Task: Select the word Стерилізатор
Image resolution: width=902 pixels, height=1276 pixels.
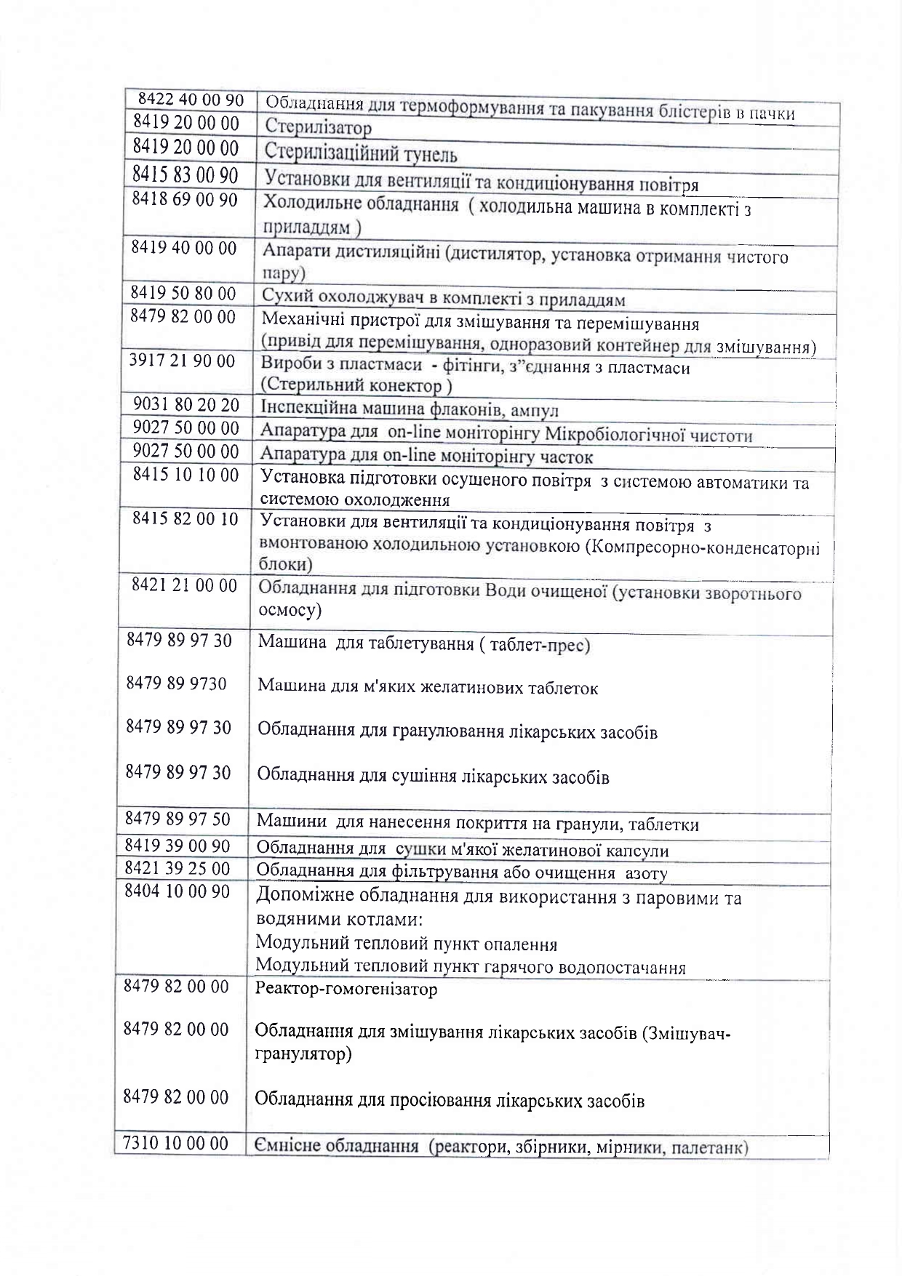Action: pos(317,128)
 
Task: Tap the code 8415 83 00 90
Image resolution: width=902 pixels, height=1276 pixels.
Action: pos(185,175)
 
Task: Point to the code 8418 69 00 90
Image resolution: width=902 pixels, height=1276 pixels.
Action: pos(185,200)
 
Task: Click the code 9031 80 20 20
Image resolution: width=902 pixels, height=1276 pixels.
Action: pos(186,405)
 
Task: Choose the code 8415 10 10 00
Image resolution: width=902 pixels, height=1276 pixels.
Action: pos(185,476)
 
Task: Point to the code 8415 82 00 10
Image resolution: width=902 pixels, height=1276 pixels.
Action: pos(185,520)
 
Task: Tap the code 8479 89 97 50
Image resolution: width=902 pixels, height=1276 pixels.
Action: pos(178,820)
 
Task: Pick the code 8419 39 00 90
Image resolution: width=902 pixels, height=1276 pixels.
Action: pos(177,846)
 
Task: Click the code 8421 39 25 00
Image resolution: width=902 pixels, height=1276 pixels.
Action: pos(177,869)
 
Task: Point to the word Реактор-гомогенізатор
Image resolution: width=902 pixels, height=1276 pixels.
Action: pos(346,990)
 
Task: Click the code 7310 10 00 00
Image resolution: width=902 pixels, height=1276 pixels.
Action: pos(176,1144)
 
